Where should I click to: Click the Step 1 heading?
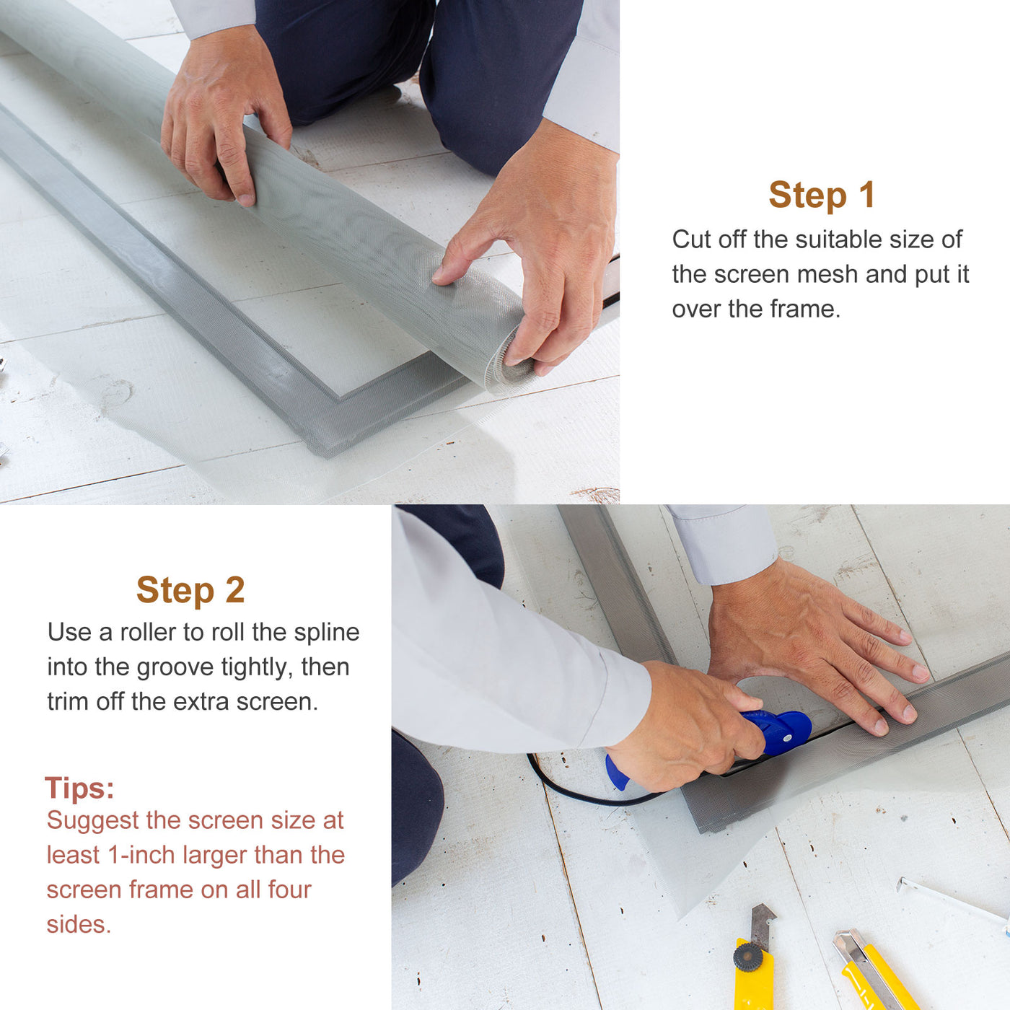click(822, 195)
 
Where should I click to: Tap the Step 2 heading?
click(190, 590)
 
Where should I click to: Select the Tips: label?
click(79, 788)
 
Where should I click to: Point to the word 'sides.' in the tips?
click(79, 924)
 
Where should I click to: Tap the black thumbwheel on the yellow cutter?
click(748, 957)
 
